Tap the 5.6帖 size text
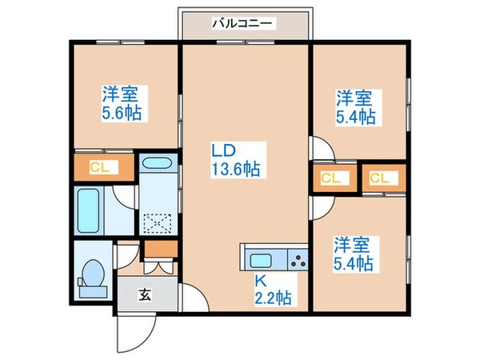121,113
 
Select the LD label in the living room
223,150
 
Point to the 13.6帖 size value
234,169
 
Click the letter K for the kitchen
260,281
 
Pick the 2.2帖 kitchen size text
273,298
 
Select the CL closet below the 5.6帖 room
99,167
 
